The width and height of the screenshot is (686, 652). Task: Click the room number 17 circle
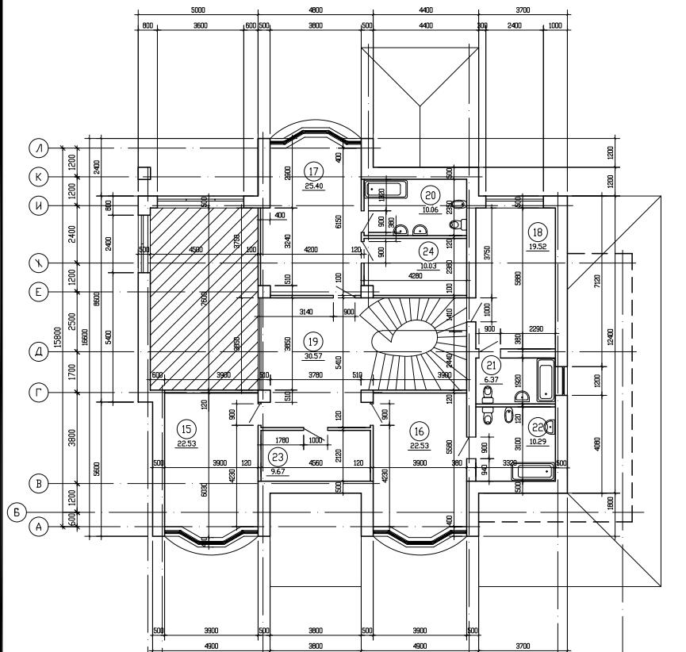(x=314, y=171)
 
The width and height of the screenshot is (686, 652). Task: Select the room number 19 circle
(x=312, y=341)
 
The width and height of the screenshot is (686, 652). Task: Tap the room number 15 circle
(x=186, y=429)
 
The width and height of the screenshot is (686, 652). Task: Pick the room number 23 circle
(x=278, y=457)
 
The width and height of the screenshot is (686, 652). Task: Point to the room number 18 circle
(x=538, y=232)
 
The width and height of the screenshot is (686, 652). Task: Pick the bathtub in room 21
(x=546, y=380)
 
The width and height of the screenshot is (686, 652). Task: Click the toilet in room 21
(x=489, y=415)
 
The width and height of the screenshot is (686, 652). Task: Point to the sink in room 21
(x=522, y=397)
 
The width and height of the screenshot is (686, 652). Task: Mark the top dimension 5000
(x=198, y=10)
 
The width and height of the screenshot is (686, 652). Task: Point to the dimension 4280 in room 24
(x=414, y=276)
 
